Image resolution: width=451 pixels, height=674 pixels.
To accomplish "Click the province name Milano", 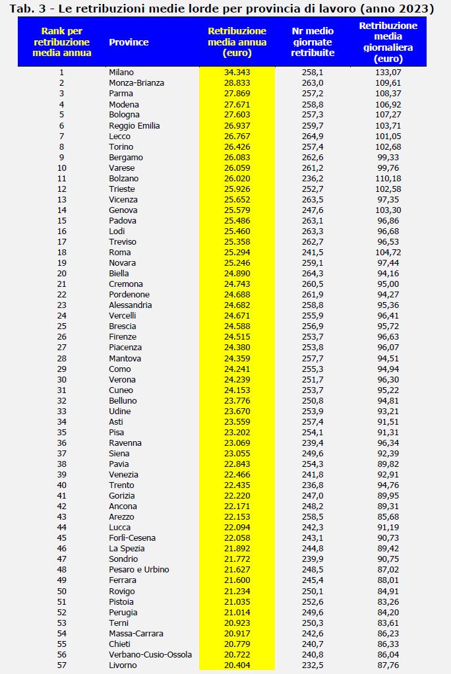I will (121, 73).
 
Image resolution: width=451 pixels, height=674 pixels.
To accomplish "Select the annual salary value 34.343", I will (237, 73).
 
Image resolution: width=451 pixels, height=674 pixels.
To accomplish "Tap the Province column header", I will (129, 42).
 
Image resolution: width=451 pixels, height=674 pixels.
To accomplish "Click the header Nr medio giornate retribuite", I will (313, 42).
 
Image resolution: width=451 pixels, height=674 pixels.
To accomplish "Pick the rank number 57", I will (61, 665).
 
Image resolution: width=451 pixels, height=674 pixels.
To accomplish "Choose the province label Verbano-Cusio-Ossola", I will (150, 654).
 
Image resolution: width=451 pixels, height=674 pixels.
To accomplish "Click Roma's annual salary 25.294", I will (237, 252).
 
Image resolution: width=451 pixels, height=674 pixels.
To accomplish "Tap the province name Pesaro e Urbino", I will (139, 570).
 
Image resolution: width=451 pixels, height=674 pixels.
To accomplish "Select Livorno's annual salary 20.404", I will (237, 665).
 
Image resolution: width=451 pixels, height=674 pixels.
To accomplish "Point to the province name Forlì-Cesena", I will (132, 538).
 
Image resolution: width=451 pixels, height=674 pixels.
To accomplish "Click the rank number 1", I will (61, 73).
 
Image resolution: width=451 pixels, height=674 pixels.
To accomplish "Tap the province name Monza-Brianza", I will (136, 83).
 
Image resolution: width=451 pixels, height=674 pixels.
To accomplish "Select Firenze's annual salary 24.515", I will (237, 337).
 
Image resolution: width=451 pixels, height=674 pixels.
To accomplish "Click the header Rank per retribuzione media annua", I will (62, 42).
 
